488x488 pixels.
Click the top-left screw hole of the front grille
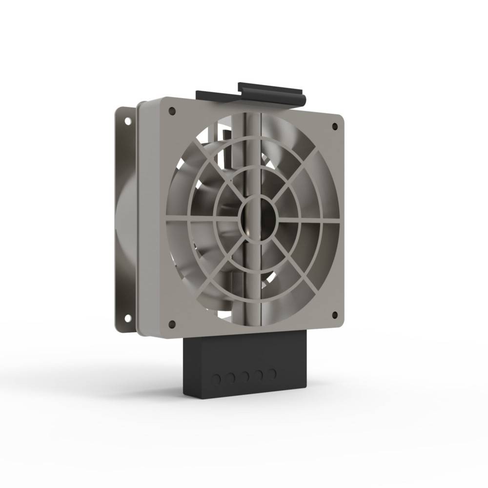click(x=172, y=111)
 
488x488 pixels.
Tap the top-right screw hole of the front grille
click(x=335, y=126)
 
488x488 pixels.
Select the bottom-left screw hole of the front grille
click(x=172, y=324)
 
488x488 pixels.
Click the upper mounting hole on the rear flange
click(x=127, y=120)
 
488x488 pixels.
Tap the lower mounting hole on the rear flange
click(x=128, y=318)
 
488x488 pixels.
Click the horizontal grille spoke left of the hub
click(x=205, y=219)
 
